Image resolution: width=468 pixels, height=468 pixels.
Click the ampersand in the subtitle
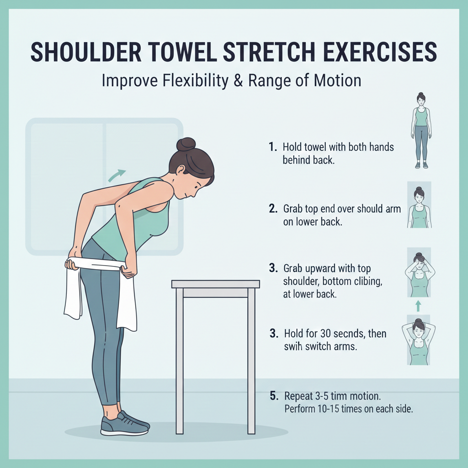[238, 80]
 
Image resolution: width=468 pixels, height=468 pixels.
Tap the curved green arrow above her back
[117, 175]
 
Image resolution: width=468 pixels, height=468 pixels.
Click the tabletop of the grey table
[216, 284]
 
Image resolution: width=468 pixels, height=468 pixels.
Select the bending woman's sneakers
[125, 423]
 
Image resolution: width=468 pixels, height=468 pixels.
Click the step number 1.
[273, 147]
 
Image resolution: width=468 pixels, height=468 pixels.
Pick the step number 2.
[273, 208]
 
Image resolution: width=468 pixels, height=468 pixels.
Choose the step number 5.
[274, 396]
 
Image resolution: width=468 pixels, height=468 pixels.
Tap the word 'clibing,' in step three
[368, 282]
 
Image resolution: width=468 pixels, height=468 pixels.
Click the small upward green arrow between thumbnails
[418, 306]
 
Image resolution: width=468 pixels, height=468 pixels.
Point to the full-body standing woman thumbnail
[421, 130]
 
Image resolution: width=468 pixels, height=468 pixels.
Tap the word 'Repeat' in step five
[298, 396]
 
